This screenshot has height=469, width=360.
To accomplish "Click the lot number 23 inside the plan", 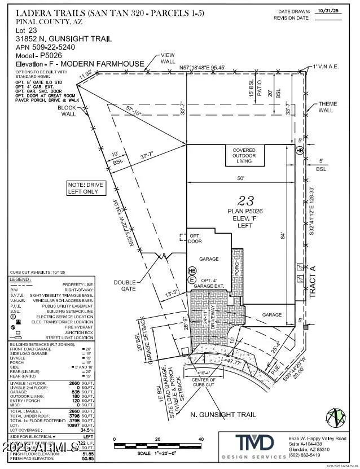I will tap(245, 200).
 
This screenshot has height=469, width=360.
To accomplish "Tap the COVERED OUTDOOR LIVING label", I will tap(244, 155).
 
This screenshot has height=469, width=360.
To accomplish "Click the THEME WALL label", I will tap(327, 107).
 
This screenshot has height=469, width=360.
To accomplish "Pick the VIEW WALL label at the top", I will tap(168, 58).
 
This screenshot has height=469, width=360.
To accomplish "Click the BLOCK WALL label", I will tap(69, 110).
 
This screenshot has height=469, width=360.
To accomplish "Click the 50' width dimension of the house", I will tap(240, 178).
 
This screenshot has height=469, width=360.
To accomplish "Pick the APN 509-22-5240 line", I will tap(43, 48).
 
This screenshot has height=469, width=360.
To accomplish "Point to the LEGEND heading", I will tap(21, 280).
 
